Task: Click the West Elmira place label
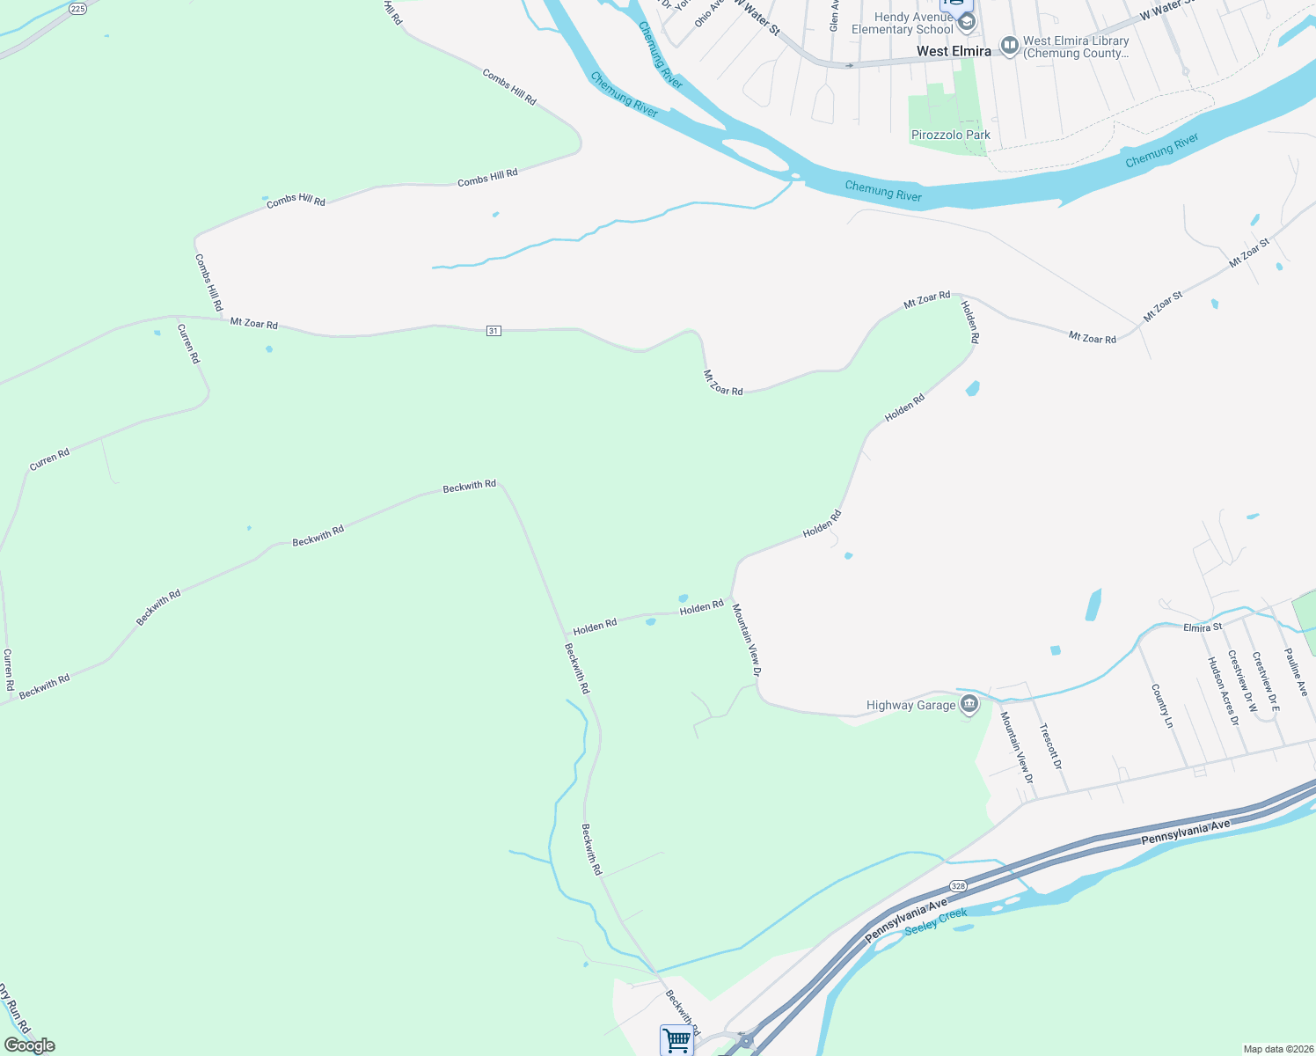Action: coord(954,51)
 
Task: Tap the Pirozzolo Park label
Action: coord(950,135)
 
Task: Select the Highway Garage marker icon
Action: coord(969,705)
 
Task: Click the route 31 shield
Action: coord(493,331)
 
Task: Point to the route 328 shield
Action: coord(958,886)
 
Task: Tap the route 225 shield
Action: coord(77,9)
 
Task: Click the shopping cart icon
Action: coord(676,1040)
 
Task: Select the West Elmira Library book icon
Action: coord(1010,44)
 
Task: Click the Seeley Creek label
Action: coord(936,921)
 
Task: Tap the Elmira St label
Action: coord(1203,627)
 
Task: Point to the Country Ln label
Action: coord(1162,706)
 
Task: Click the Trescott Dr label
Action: coord(1050,746)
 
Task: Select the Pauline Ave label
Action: coord(1296,672)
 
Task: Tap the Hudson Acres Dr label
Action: coord(1223,691)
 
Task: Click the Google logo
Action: coord(30,1045)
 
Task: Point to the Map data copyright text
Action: coord(1277,1049)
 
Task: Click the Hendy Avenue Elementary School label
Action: coord(903,23)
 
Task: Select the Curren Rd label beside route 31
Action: coord(189,344)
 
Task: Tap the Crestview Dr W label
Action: coord(1243,681)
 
